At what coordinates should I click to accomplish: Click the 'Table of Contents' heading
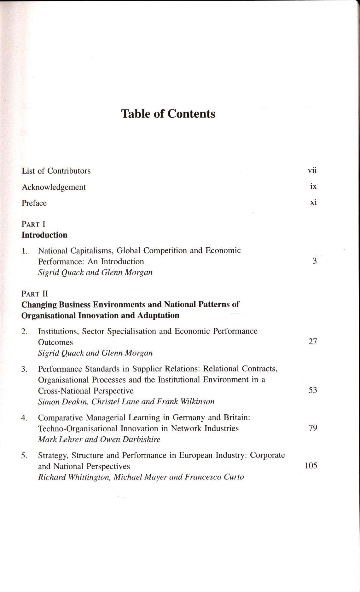click(x=168, y=114)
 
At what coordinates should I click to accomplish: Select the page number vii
click(x=312, y=170)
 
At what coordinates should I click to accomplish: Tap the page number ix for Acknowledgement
click(x=313, y=186)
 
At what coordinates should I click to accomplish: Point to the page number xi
click(x=313, y=202)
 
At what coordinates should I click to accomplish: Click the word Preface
click(x=34, y=203)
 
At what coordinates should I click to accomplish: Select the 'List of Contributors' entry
click(x=56, y=171)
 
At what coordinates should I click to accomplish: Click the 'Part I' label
click(x=33, y=224)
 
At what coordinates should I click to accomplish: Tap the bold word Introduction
click(x=44, y=235)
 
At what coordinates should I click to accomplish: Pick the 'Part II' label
click(x=35, y=294)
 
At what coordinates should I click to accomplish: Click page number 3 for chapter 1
click(x=315, y=261)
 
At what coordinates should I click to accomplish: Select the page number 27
click(x=312, y=342)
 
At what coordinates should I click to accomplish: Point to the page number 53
click(x=312, y=390)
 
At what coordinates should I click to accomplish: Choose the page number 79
click(x=313, y=428)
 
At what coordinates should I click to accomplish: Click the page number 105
click(x=311, y=466)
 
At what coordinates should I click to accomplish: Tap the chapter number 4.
click(x=24, y=418)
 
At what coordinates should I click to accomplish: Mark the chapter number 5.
click(x=24, y=456)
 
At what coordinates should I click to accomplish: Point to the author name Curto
click(x=234, y=477)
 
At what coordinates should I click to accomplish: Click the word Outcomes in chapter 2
click(x=55, y=342)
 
